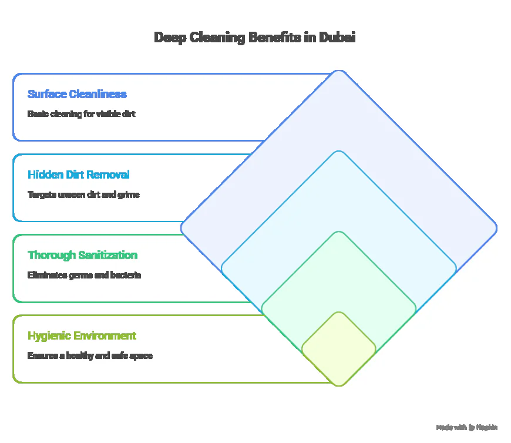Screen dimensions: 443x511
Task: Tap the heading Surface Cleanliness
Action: coord(77,94)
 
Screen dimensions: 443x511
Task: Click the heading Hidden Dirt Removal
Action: coord(79,174)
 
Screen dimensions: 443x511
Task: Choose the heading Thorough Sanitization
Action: coord(82,255)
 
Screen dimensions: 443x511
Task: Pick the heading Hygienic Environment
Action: coord(82,335)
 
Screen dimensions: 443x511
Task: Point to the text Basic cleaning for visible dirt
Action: coord(81,113)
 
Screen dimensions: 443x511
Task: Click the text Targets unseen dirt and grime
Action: coord(83,194)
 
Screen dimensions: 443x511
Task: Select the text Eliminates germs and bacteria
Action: coord(84,274)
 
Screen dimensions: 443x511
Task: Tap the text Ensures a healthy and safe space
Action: coord(90,355)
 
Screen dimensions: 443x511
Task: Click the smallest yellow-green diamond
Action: coord(338,349)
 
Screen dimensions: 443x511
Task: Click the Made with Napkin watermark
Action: coord(467,427)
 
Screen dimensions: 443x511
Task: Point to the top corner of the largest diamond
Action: coord(338,71)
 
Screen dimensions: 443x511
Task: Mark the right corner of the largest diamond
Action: coord(496,228)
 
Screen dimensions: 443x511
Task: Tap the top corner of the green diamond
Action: coord(338,232)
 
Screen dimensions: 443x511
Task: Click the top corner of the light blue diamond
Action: coord(338,152)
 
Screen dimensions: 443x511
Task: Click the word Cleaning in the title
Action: coord(220,38)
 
